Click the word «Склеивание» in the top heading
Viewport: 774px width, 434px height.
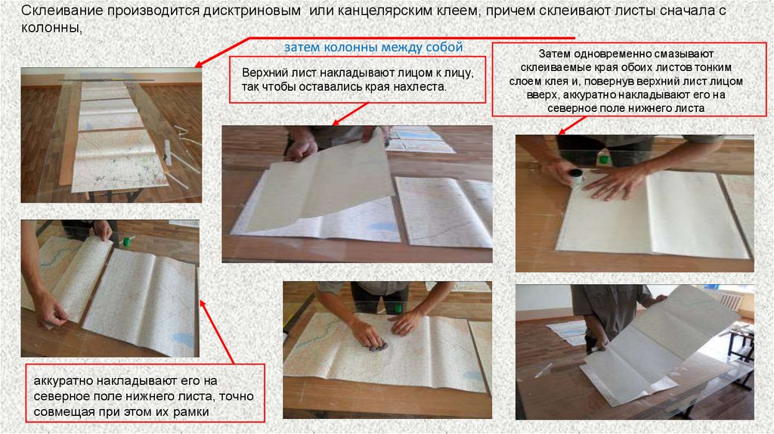pyautogui.click(x=62, y=11)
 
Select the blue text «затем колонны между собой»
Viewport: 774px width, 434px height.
pyautogui.click(x=373, y=47)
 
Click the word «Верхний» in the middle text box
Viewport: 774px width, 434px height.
pyautogui.click(x=262, y=73)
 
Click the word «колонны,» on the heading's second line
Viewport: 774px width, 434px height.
pyautogui.click(x=51, y=28)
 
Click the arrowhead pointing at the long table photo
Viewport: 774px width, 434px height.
pyautogui.click(x=198, y=64)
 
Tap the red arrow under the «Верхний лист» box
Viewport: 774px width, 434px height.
pyautogui.click(x=350, y=114)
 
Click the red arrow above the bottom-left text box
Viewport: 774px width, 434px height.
pyautogui.click(x=217, y=332)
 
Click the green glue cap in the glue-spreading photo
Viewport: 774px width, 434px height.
pyautogui.click(x=602, y=159)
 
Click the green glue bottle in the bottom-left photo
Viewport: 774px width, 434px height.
pyautogui.click(x=127, y=241)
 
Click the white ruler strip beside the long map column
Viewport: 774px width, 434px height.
pyautogui.click(x=168, y=151)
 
